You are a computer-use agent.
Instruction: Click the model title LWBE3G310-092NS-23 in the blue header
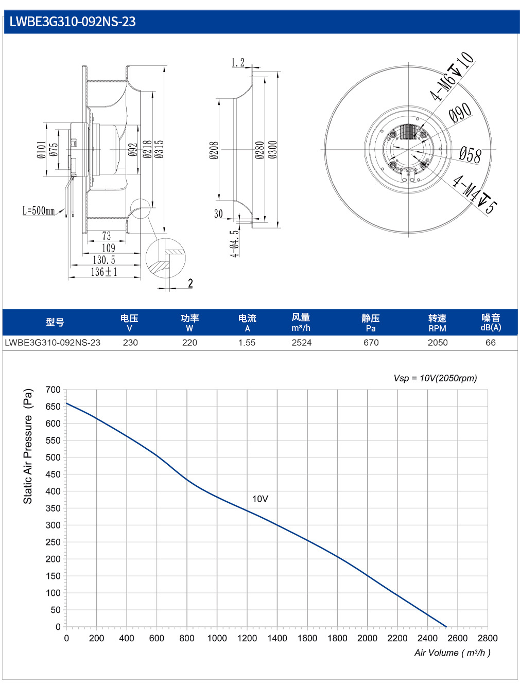click(x=72, y=22)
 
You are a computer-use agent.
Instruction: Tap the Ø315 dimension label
click(x=160, y=149)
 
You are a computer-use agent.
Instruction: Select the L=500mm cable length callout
click(x=39, y=210)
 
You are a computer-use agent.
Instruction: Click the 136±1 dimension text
click(x=104, y=272)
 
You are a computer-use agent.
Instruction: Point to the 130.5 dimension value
click(x=104, y=260)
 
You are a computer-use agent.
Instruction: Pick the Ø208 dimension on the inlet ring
click(x=214, y=150)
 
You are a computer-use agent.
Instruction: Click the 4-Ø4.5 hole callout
click(x=234, y=243)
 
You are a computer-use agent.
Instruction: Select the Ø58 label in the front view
click(x=470, y=155)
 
